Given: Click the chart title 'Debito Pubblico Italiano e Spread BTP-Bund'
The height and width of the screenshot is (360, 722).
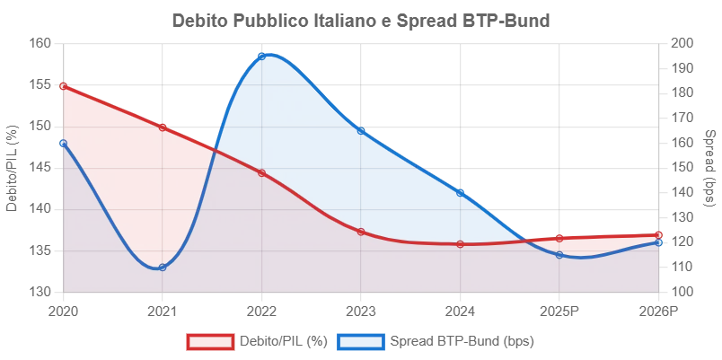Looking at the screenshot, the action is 361,21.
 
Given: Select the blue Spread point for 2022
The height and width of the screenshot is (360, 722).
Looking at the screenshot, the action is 261,57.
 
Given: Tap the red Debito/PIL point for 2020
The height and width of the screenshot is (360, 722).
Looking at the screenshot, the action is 63,86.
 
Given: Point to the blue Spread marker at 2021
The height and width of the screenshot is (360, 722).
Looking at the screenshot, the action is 162,267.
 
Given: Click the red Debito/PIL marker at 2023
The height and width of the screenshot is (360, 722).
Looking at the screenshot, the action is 361,232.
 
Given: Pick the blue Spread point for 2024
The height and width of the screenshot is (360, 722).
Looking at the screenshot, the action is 460,193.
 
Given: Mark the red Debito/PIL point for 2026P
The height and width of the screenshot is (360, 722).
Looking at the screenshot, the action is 658,235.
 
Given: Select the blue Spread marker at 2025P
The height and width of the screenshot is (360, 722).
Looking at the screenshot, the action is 559,255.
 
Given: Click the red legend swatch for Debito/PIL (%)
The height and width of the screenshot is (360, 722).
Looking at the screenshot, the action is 210,341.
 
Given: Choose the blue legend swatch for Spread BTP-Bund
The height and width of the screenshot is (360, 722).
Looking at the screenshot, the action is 360,341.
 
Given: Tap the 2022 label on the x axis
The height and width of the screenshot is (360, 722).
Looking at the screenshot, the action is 261,312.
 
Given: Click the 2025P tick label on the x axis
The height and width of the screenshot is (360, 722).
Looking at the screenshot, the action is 559,312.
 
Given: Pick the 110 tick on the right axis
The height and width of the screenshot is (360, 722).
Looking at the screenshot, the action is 678,267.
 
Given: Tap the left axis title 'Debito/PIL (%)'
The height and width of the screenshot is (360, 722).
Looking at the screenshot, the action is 13,168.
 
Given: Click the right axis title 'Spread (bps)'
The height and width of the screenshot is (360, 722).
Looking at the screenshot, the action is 710,168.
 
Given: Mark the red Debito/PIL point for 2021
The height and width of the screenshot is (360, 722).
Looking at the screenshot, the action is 162,127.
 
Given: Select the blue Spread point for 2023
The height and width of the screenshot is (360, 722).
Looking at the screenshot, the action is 361,131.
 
